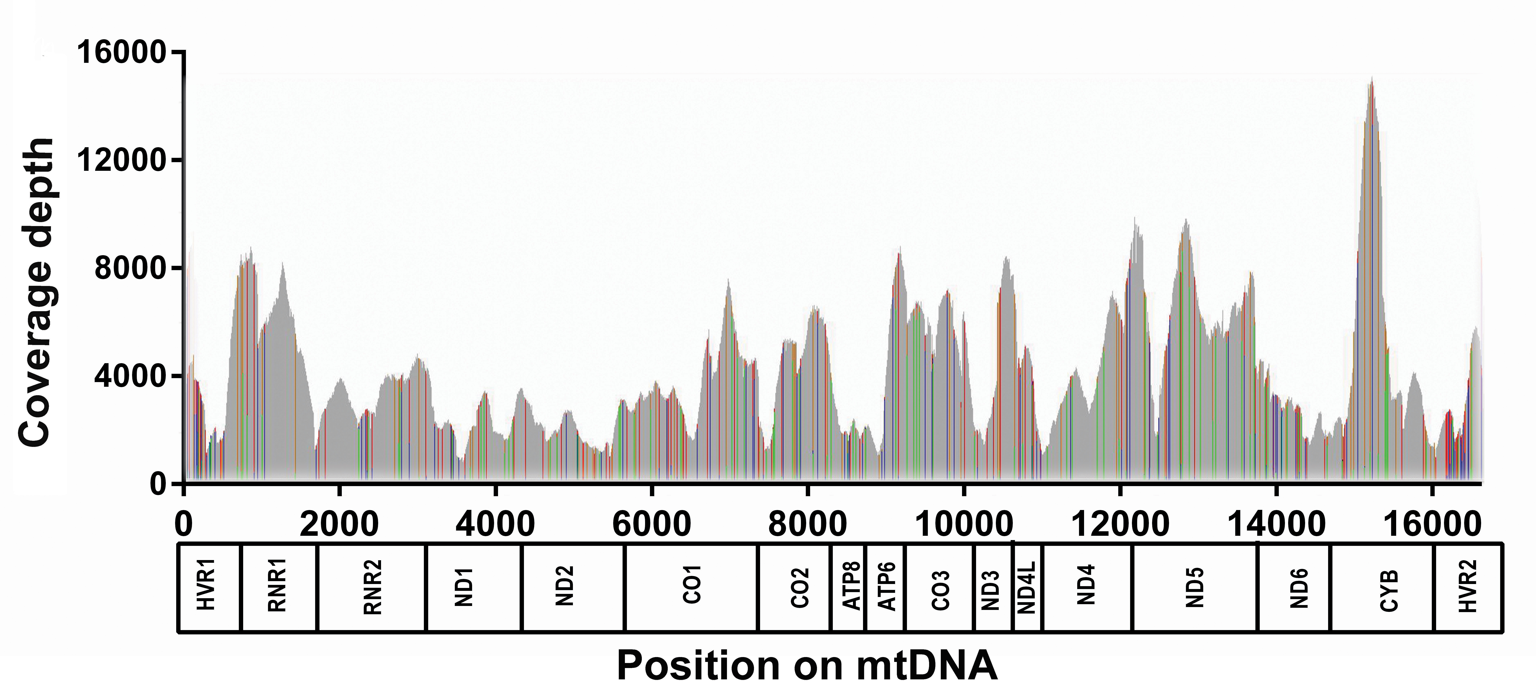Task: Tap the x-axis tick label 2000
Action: pos(339,524)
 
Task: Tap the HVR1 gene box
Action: pos(209,587)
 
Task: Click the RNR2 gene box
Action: pos(372,587)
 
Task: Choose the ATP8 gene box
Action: pos(848,587)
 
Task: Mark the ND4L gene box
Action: pos(1027,587)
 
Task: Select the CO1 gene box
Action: pos(692,587)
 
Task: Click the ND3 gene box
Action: pos(993,587)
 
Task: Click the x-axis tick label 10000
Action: pos(963,524)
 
